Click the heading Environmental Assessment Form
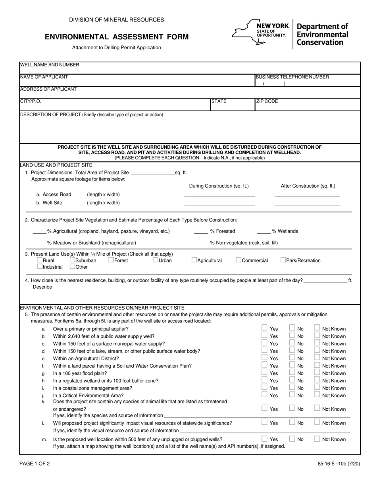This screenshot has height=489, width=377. [x=117, y=37]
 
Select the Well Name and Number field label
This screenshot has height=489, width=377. [x=50, y=65]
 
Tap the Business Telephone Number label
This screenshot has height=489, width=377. [x=292, y=77]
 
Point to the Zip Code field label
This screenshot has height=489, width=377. [x=267, y=101]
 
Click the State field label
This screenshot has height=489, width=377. [x=219, y=101]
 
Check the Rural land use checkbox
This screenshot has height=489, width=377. [x=40, y=260]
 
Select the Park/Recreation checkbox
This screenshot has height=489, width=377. [x=283, y=260]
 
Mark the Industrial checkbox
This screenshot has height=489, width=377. [x=40, y=266]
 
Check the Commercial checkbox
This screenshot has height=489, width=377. [x=239, y=260]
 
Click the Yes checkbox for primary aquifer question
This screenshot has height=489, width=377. [x=264, y=328]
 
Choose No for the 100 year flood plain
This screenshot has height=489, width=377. [x=292, y=373]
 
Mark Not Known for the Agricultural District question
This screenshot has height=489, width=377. [x=317, y=358]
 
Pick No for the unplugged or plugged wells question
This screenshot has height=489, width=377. [x=292, y=439]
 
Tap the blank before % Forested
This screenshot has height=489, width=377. [x=201, y=232]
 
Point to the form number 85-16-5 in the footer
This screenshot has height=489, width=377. [x=339, y=463]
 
